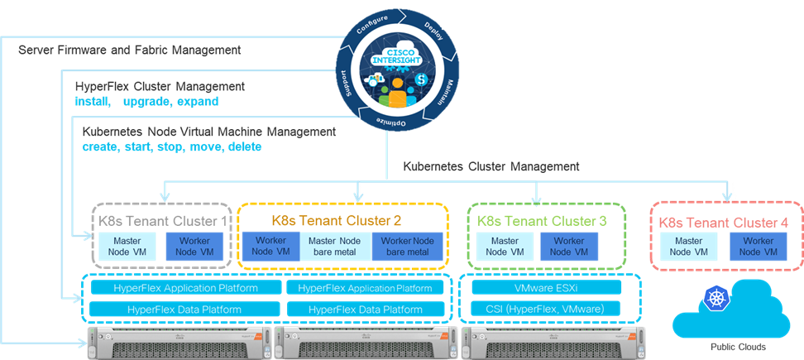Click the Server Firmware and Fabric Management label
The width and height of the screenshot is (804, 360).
click(x=129, y=51)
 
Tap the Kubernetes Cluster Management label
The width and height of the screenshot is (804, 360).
click(x=491, y=166)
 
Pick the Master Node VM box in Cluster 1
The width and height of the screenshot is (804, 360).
click(x=124, y=246)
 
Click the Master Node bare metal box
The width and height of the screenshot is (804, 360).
click(x=335, y=246)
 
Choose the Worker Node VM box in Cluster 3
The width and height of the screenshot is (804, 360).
click(x=568, y=246)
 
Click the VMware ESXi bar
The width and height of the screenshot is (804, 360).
click(x=545, y=288)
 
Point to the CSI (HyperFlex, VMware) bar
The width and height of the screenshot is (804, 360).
click(x=545, y=310)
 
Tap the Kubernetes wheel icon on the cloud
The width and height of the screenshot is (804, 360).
click(x=713, y=298)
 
